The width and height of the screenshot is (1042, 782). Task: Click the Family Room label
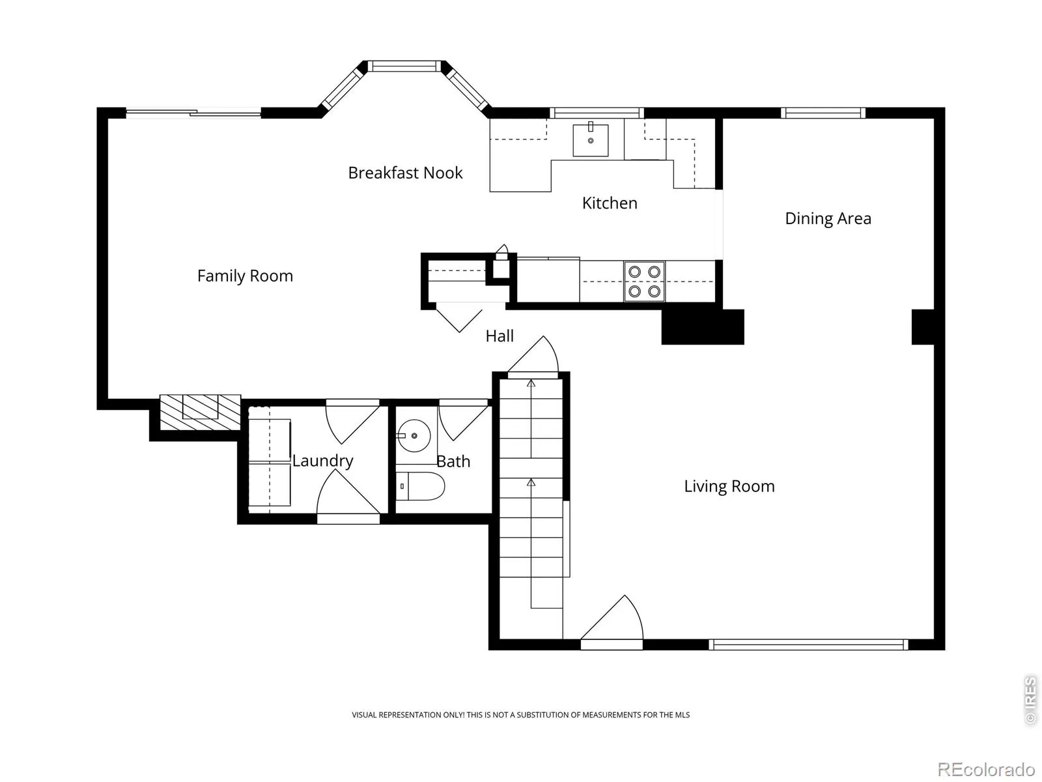pos(245,276)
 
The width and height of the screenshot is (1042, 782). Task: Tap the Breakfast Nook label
pos(405,173)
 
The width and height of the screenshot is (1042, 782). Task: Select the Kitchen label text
pos(610,203)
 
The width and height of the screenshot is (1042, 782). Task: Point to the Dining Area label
pos(828,219)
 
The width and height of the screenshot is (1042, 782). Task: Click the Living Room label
pos(729,486)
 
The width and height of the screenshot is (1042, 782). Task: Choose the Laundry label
pos(323,461)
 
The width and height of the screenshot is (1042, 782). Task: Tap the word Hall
pos(500,336)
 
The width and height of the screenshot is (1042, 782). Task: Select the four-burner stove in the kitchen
pos(644,281)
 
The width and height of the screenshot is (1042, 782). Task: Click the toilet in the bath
pos(421,486)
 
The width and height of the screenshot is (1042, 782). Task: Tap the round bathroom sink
pos(414,435)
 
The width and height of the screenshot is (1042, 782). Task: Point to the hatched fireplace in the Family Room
pos(200,412)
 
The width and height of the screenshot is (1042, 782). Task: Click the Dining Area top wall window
pos(823,113)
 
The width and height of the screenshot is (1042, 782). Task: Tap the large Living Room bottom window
pos(808,644)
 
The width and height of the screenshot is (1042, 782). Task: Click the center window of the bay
pos(405,66)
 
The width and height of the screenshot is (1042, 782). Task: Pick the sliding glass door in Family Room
pos(193,113)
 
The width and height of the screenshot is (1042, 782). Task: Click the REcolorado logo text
pos(987,769)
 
